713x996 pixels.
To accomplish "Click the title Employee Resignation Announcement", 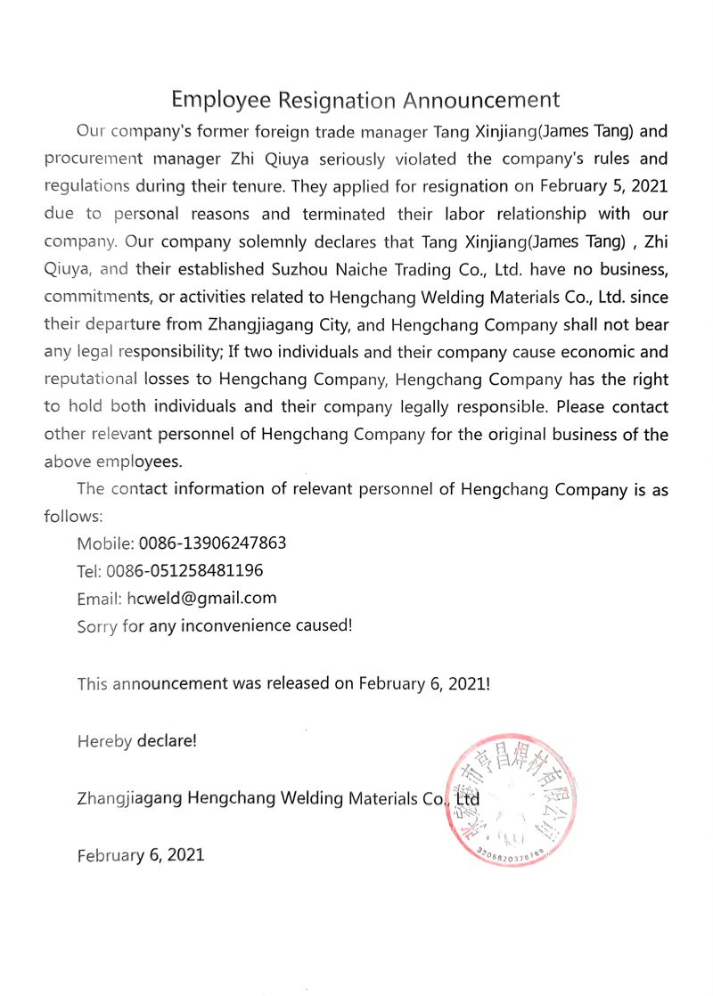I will click(x=365, y=99).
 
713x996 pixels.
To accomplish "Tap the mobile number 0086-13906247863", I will click(x=213, y=543).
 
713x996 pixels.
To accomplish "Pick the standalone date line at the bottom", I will click(x=141, y=855).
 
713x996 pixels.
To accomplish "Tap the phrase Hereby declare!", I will click(x=137, y=740).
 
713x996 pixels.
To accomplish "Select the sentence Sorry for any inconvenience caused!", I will click(x=215, y=625).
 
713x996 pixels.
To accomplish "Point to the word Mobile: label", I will click(x=106, y=543).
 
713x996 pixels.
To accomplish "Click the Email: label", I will click(x=100, y=599).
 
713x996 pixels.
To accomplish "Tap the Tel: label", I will click(x=91, y=571).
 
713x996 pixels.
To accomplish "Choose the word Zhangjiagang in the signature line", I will click(x=130, y=798).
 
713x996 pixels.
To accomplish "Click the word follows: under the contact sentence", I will click(x=74, y=516).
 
